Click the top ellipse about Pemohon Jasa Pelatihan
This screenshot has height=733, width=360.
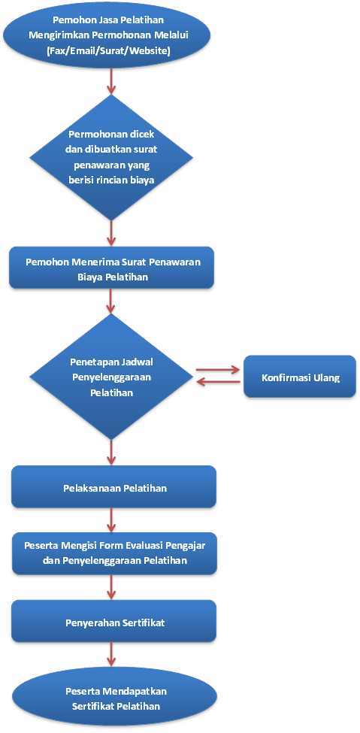click(x=111, y=35)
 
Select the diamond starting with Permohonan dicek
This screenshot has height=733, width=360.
click(x=111, y=158)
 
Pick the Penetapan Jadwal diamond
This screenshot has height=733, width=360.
click(x=111, y=377)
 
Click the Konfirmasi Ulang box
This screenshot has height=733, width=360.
click(x=300, y=377)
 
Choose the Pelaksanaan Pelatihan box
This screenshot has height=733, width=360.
click(x=113, y=487)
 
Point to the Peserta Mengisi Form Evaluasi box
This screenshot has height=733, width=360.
click(x=114, y=553)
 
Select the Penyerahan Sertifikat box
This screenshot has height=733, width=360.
click(x=113, y=622)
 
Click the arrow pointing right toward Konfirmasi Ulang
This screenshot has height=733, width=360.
click(x=217, y=370)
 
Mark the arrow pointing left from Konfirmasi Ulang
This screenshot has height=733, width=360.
click(x=219, y=382)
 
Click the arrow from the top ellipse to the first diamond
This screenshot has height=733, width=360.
click(x=111, y=81)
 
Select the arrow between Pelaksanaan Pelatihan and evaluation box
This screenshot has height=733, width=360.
click(x=111, y=520)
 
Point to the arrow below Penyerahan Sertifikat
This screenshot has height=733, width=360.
click(x=111, y=655)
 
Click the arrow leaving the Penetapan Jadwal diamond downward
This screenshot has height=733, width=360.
click(x=111, y=452)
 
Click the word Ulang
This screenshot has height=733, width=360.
click(x=327, y=377)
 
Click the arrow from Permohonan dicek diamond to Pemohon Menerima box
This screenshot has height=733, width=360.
click(x=111, y=233)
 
